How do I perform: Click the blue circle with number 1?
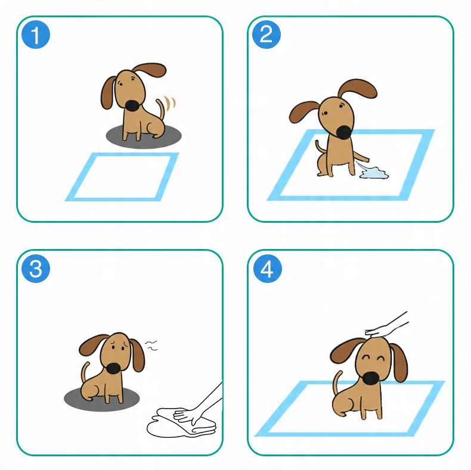point(36,35)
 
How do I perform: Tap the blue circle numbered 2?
point(266,34)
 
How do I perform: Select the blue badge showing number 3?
point(36,268)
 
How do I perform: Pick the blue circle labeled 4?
point(267,268)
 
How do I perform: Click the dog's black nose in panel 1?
point(132,106)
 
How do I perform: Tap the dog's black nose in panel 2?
point(343,132)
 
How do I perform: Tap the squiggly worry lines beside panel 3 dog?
point(151,346)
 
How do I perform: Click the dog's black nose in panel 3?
point(114,369)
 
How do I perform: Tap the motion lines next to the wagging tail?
point(171,102)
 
